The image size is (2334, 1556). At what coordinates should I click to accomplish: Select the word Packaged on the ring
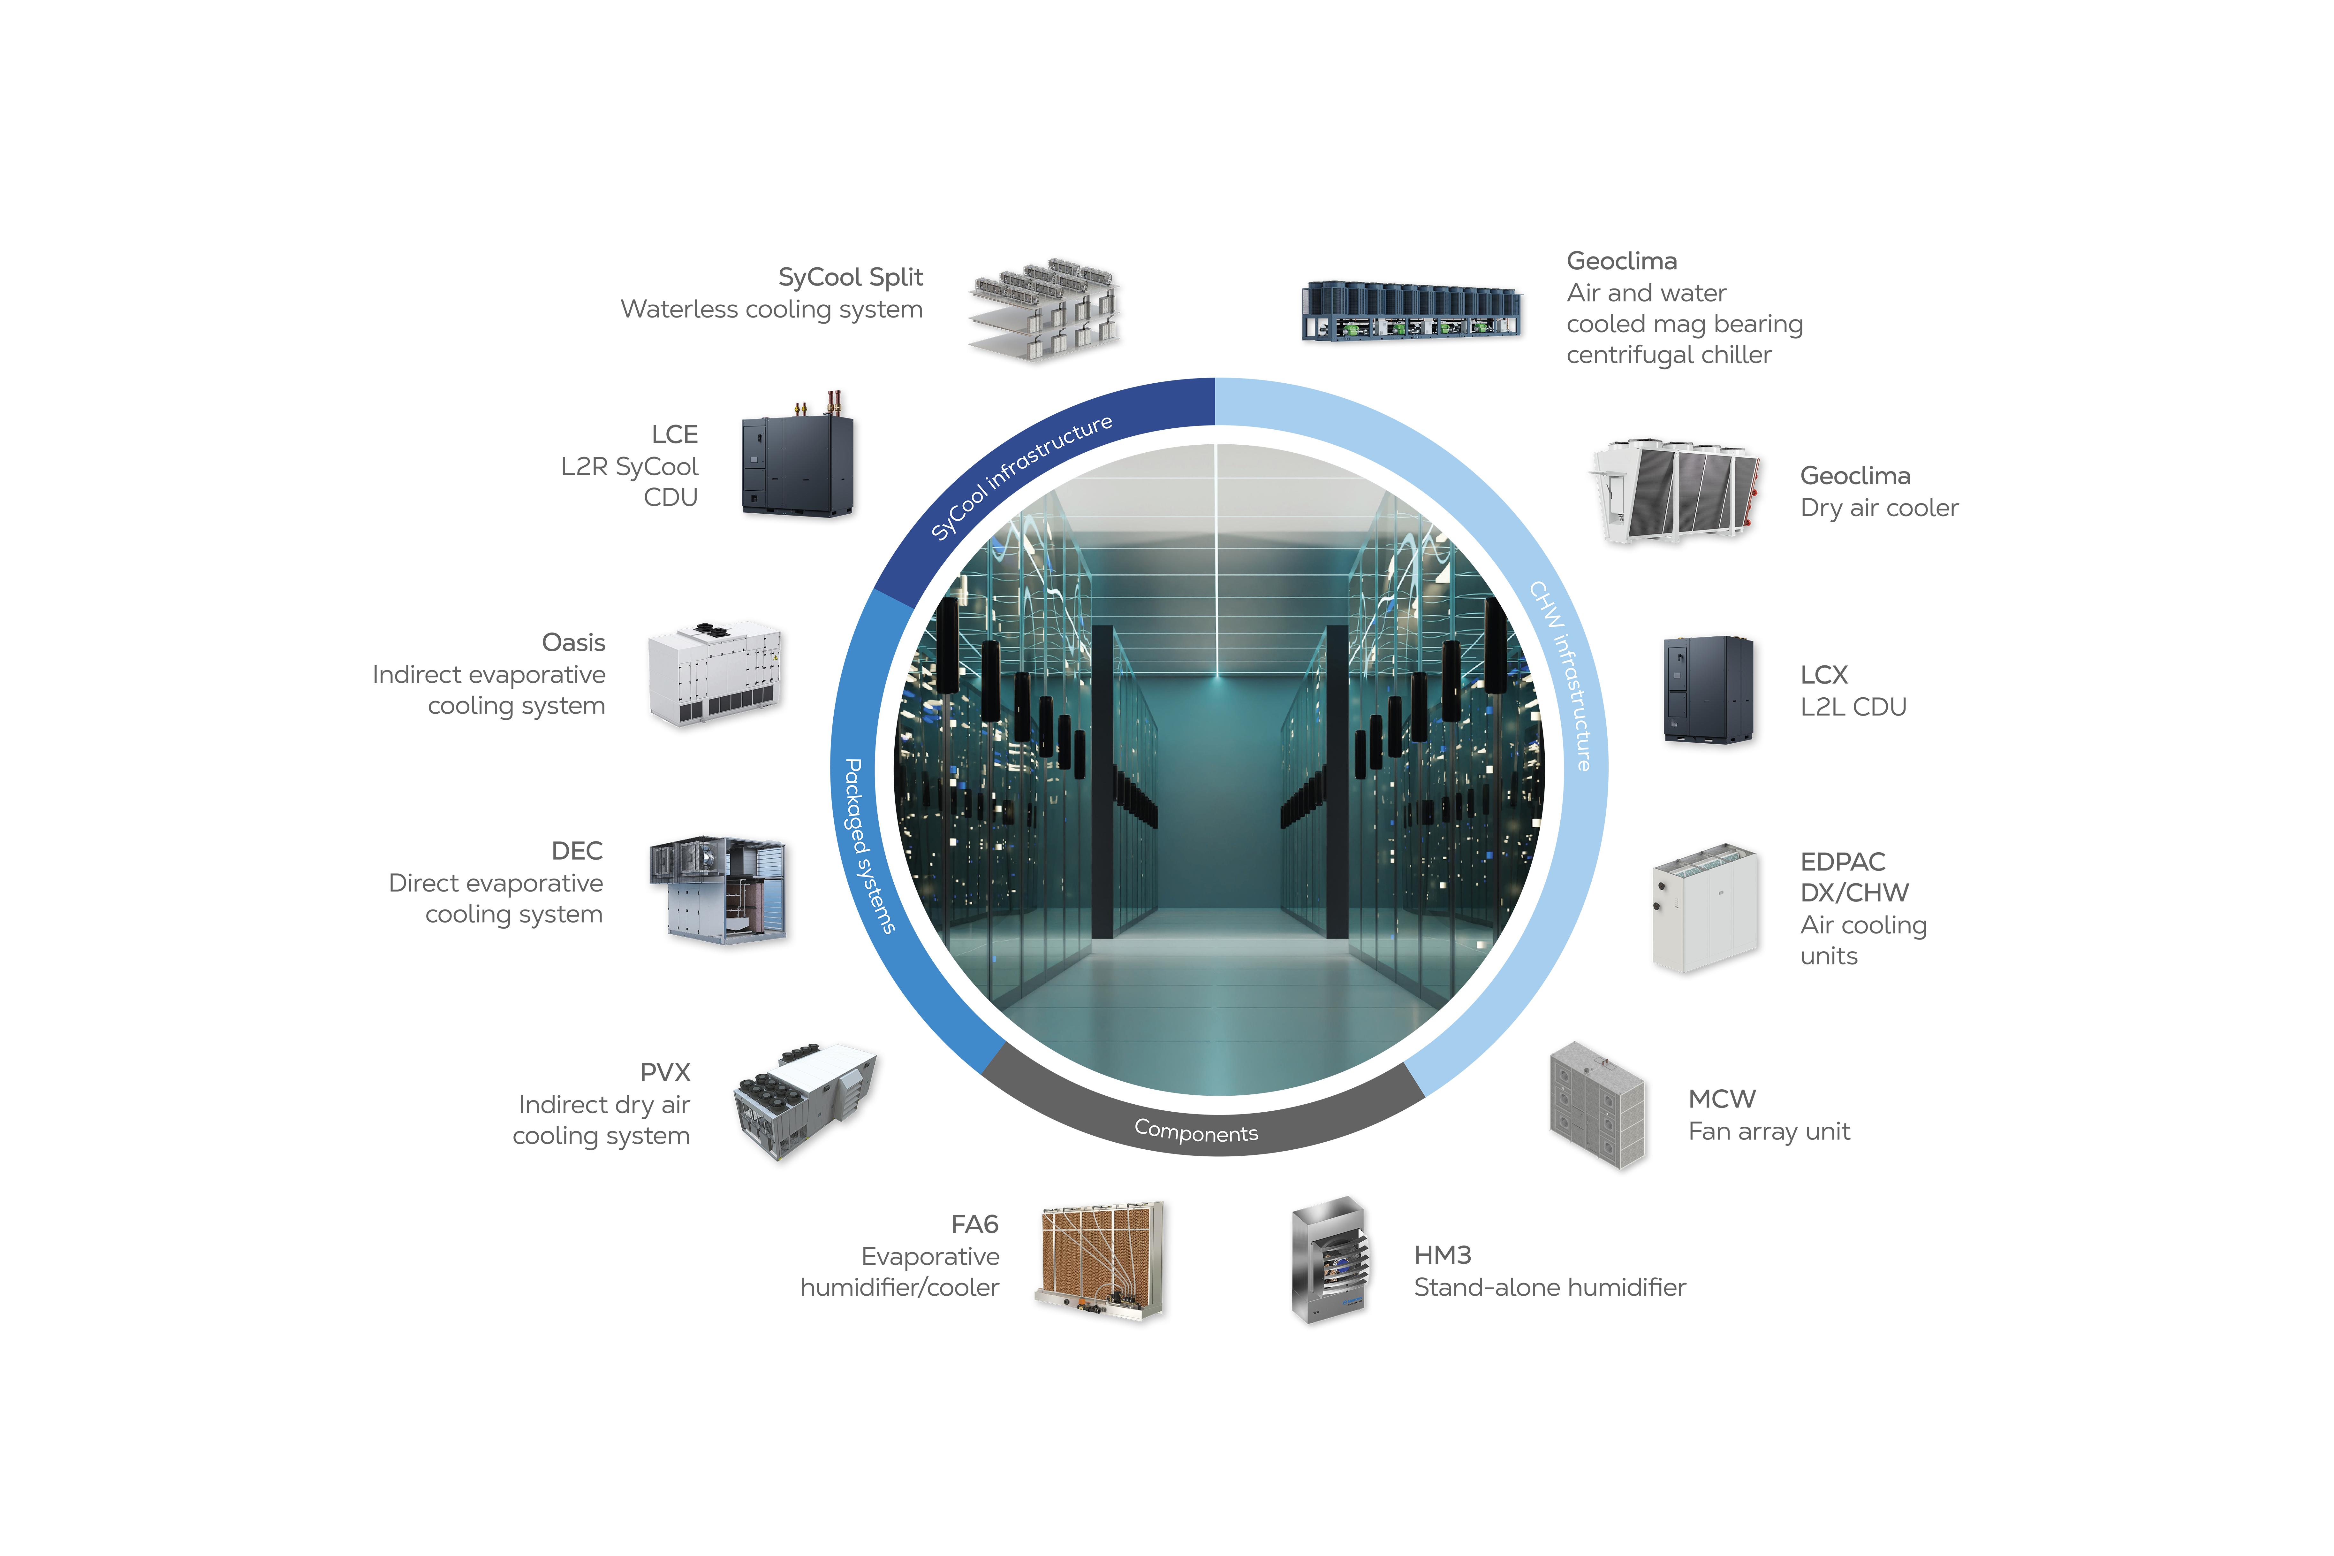855,806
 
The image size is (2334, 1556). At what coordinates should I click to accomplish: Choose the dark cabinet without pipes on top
1707,690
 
